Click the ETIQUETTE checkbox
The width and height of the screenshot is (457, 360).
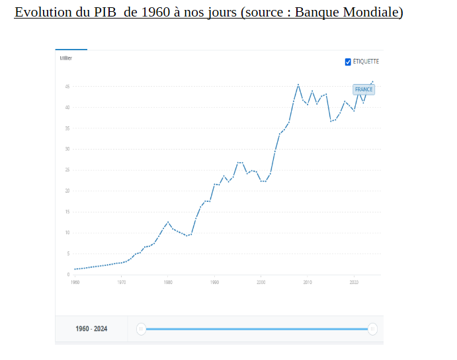tap(348, 62)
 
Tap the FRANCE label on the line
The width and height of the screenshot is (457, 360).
tap(364, 89)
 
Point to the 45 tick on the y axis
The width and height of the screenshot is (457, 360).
tap(67, 87)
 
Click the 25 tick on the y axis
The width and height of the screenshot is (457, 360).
tap(67, 170)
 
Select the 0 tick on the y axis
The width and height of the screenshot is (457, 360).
tap(68, 275)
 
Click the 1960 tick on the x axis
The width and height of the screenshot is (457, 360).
tap(75, 282)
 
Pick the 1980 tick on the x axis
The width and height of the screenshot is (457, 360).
tap(168, 282)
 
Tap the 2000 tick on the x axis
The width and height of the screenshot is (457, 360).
tap(261, 282)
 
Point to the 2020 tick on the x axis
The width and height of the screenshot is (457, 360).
tap(354, 282)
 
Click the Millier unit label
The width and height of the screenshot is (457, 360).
tap(65, 58)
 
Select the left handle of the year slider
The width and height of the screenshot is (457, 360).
tap(141, 329)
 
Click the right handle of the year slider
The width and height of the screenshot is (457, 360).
tap(373, 329)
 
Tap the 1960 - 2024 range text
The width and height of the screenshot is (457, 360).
tap(91, 329)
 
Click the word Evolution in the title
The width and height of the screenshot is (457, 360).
tap(42, 13)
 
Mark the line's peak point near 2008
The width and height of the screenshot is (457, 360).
tap(298, 85)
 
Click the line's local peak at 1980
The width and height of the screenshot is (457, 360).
tap(168, 222)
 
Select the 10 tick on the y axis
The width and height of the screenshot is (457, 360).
tap(67, 233)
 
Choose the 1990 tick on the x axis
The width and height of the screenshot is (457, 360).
tap(214, 282)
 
